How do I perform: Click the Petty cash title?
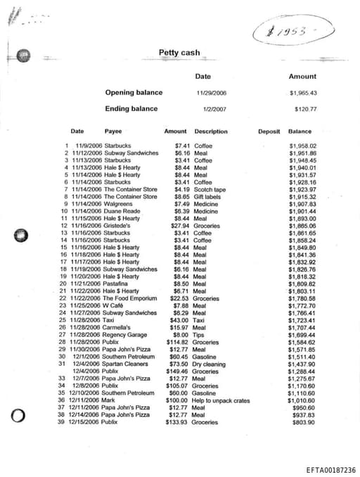[179, 53]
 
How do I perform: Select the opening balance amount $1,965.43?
[303, 93]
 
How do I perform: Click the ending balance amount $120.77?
[305, 109]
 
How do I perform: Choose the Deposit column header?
[269, 132]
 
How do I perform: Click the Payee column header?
[112, 132]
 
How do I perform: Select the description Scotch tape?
[210, 189]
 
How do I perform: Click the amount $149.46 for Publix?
[177, 371]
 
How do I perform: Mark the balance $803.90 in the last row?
[303, 422]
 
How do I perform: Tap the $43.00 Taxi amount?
[179, 320]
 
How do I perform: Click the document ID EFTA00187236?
[331, 470]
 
